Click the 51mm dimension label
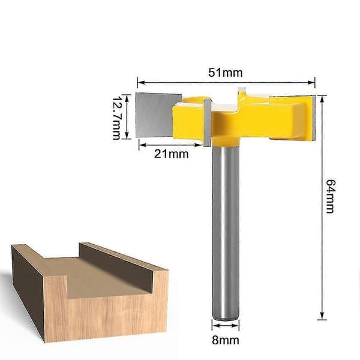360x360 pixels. (225, 73)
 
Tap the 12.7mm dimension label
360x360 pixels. (116, 118)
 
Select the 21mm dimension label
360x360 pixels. (171, 154)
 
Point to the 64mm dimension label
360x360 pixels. (331, 196)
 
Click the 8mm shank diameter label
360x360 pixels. (226, 340)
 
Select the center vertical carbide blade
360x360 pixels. (208, 123)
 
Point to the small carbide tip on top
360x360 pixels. (242, 89)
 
